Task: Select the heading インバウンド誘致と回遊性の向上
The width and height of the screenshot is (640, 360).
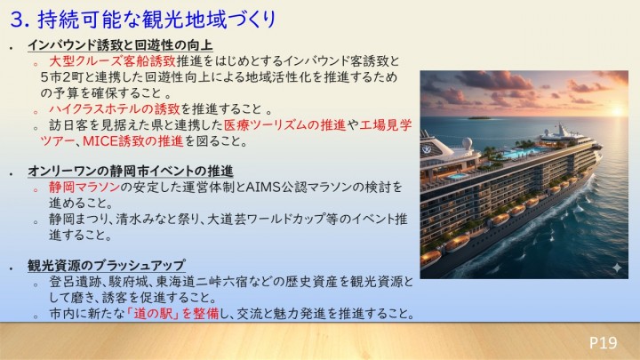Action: pyautogui.click(x=120, y=45)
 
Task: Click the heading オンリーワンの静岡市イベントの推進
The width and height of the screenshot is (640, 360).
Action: pyautogui.click(x=130, y=171)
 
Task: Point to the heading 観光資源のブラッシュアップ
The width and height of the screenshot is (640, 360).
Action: pyautogui.click(x=106, y=265)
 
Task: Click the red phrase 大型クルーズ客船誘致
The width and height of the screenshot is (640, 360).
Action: pyautogui.click(x=113, y=61)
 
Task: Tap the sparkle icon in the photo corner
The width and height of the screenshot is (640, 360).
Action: pyautogui.click(x=617, y=268)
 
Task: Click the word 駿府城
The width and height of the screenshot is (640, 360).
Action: pyautogui.click(x=118, y=281)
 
